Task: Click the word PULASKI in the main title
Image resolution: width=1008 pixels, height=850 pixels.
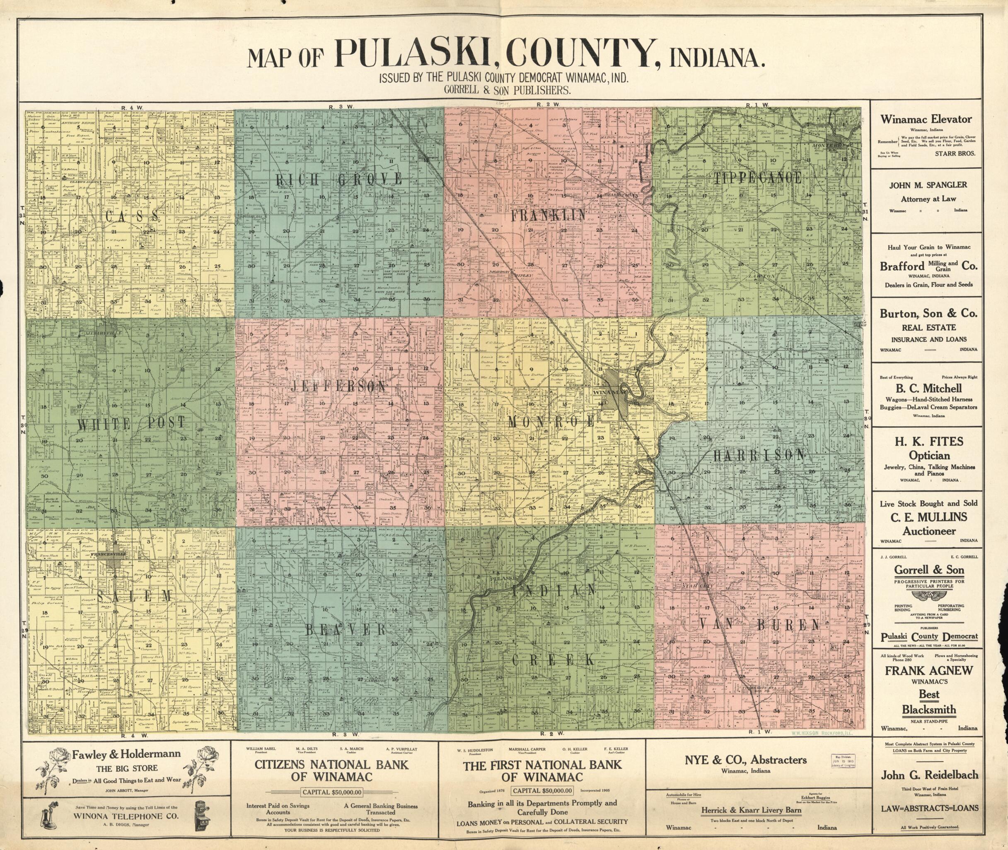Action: click(x=411, y=53)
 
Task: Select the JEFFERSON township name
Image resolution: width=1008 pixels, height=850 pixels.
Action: click(x=339, y=386)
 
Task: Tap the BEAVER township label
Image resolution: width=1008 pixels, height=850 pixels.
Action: click(x=346, y=629)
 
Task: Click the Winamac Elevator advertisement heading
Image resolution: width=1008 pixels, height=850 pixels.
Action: click(x=926, y=119)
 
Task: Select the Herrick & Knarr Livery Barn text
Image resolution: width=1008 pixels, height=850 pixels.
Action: click(x=751, y=810)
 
